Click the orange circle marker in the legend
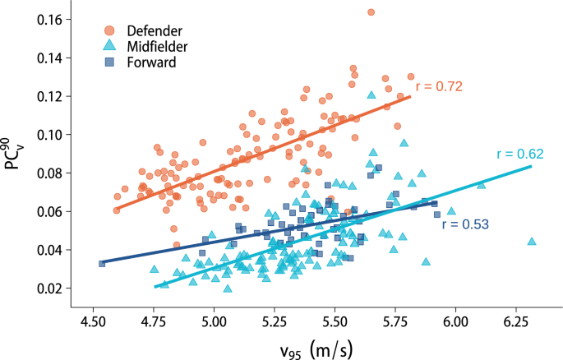click(x=109, y=30)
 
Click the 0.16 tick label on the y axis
click(x=66, y=19)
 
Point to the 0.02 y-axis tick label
click(x=66, y=288)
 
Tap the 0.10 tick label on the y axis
click(x=66, y=135)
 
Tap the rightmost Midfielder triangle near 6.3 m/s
click(x=532, y=242)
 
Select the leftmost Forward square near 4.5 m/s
click(x=102, y=263)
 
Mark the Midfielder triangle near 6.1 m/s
click(x=482, y=184)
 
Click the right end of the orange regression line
click(x=409, y=96)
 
